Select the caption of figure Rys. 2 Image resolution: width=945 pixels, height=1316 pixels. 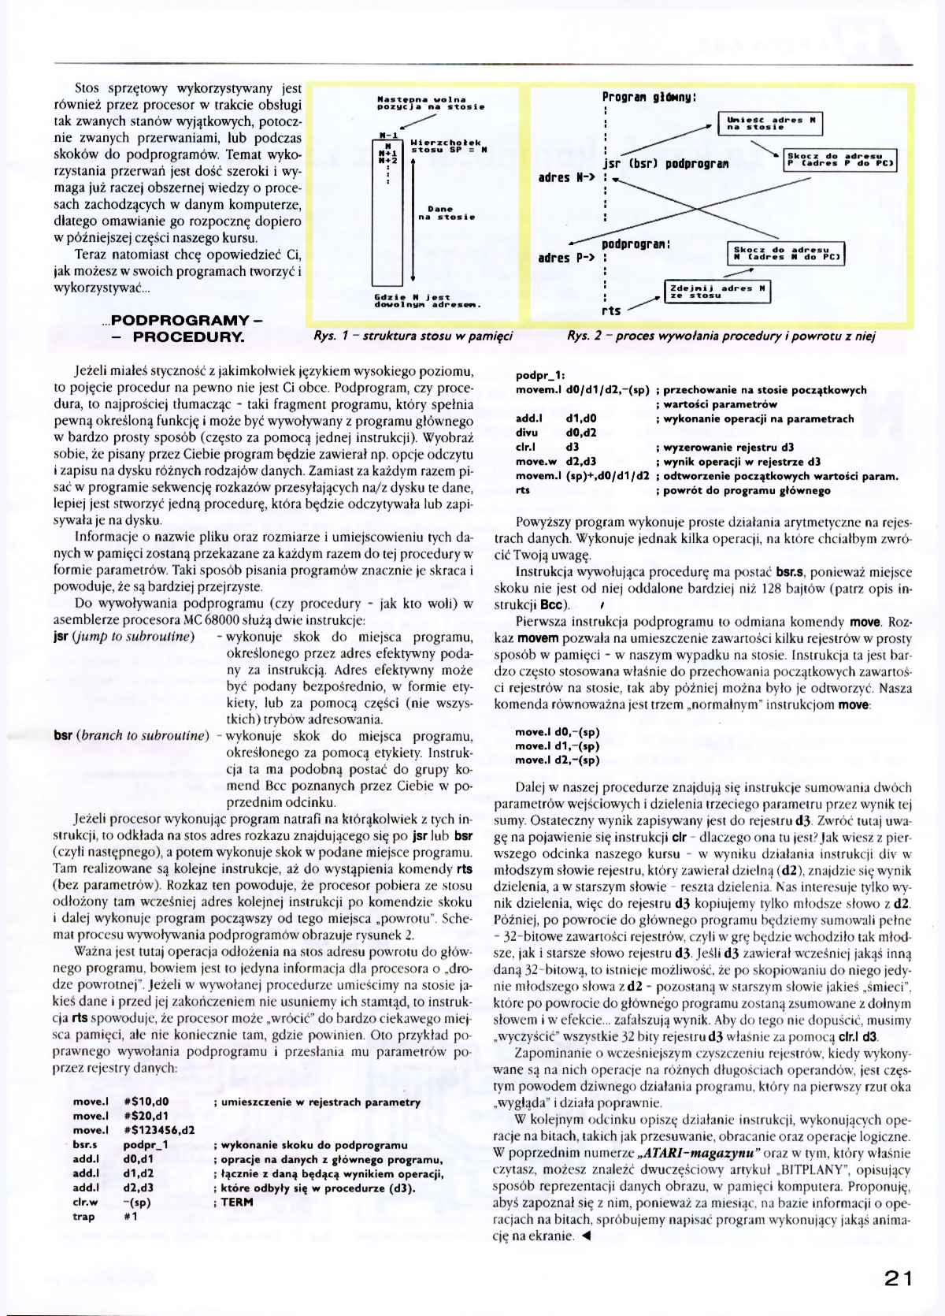pyautogui.click(x=721, y=336)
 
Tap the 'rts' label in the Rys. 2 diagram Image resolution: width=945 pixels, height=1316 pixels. pyautogui.click(x=611, y=310)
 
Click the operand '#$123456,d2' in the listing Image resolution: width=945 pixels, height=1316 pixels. pyautogui.click(x=160, y=1130)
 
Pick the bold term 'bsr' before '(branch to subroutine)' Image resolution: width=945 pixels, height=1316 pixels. pyautogui.click(x=64, y=735)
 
